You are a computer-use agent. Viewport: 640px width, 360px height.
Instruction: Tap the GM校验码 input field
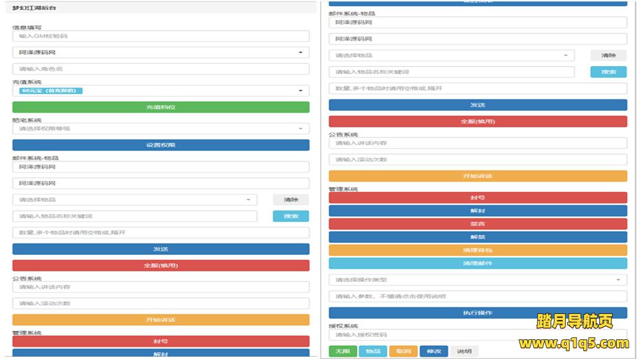point(161,37)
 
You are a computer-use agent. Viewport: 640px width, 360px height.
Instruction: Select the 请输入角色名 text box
point(161,69)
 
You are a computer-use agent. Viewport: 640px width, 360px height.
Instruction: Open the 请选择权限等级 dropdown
point(161,129)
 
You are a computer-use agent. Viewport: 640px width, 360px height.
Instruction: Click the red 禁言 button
point(477,224)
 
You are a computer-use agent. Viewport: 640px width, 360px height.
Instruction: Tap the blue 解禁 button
point(477,237)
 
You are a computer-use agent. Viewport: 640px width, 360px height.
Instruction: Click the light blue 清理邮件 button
point(477,263)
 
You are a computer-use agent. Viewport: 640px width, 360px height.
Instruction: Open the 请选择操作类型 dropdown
point(477,280)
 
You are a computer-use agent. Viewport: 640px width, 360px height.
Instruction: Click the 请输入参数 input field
point(477,296)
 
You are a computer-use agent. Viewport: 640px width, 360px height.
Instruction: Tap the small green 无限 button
point(342,351)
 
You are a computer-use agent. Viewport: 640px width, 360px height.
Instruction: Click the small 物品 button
point(373,351)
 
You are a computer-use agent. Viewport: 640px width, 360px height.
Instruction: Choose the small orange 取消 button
point(403,351)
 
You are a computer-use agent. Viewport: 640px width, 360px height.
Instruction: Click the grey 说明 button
point(464,351)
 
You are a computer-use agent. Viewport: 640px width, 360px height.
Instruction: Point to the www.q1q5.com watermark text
point(573,344)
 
